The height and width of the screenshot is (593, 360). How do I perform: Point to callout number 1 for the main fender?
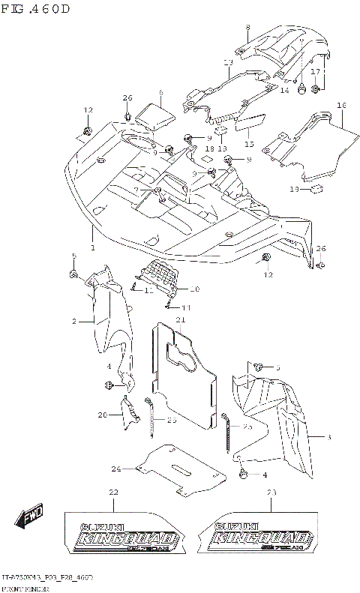(93, 247)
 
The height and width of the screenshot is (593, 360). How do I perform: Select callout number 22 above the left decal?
(113, 492)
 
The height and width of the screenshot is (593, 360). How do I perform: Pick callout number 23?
(271, 492)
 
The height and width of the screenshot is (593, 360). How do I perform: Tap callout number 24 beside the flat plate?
(115, 469)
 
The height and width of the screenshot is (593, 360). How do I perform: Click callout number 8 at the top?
(247, 28)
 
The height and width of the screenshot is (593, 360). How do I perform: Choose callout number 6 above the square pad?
(160, 93)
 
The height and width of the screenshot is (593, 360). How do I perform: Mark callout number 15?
(249, 143)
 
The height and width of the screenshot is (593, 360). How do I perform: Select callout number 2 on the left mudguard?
(74, 321)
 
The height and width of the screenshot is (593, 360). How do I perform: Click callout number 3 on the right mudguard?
(328, 436)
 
